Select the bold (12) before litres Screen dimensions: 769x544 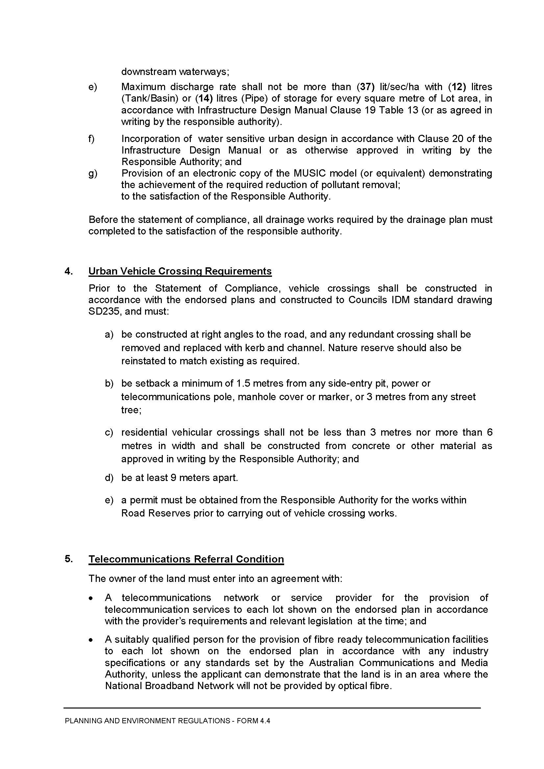tap(457, 87)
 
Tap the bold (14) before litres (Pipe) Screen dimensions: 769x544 tap(204, 99)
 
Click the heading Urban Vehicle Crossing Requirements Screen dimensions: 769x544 tap(180, 271)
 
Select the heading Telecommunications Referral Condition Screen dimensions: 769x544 tap(186, 559)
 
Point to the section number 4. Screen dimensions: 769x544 tap(68, 271)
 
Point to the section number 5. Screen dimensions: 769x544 tap(68, 559)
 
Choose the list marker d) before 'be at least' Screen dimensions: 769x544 tap(109, 478)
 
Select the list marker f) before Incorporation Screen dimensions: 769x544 tap(91, 139)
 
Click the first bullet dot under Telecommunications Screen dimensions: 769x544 tap(91, 598)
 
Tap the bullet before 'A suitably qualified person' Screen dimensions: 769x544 tap(91, 640)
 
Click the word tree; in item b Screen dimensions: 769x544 tap(131, 410)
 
